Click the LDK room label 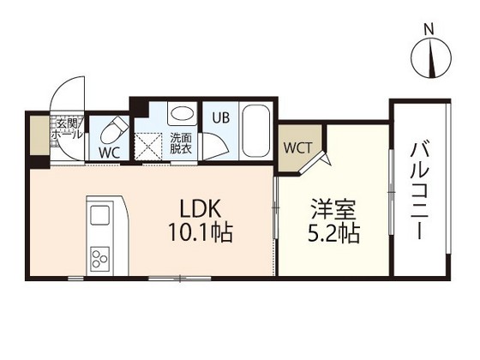(x=201, y=209)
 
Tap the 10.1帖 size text (x=201, y=232)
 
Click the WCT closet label (x=297, y=147)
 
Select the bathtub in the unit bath (x=255, y=129)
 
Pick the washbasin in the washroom (x=180, y=114)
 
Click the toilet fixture (x=112, y=129)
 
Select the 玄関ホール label (x=68, y=129)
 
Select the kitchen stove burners (x=100, y=255)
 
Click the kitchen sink (x=99, y=214)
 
